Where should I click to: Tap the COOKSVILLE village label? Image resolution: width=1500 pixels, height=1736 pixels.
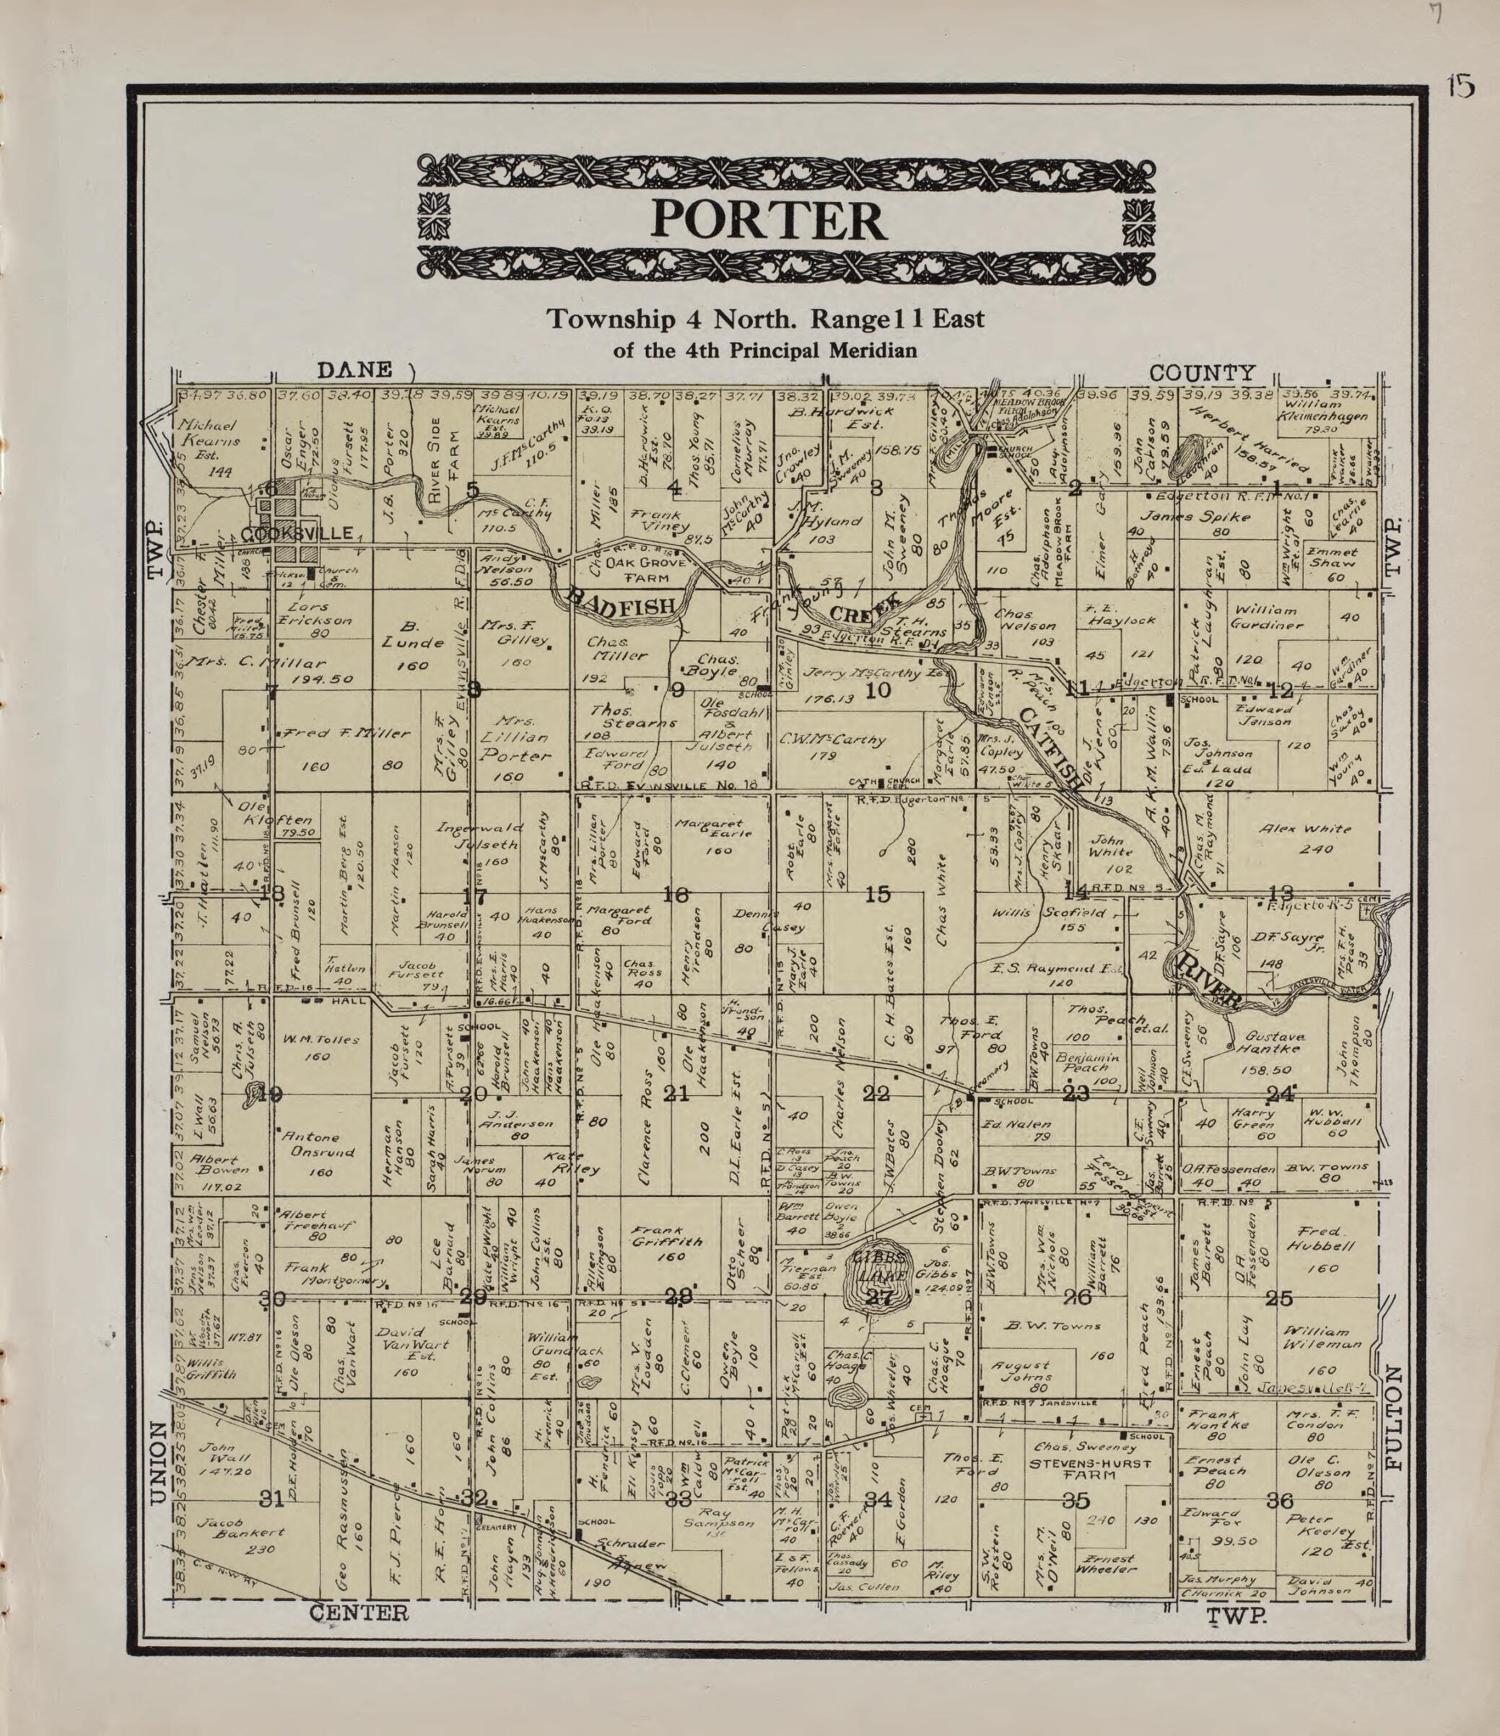tap(295, 534)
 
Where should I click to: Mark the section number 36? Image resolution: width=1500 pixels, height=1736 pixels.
tap(1280, 1500)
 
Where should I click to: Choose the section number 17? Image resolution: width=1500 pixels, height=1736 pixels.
tap(474, 895)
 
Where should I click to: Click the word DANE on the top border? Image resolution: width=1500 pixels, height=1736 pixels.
tap(354, 369)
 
